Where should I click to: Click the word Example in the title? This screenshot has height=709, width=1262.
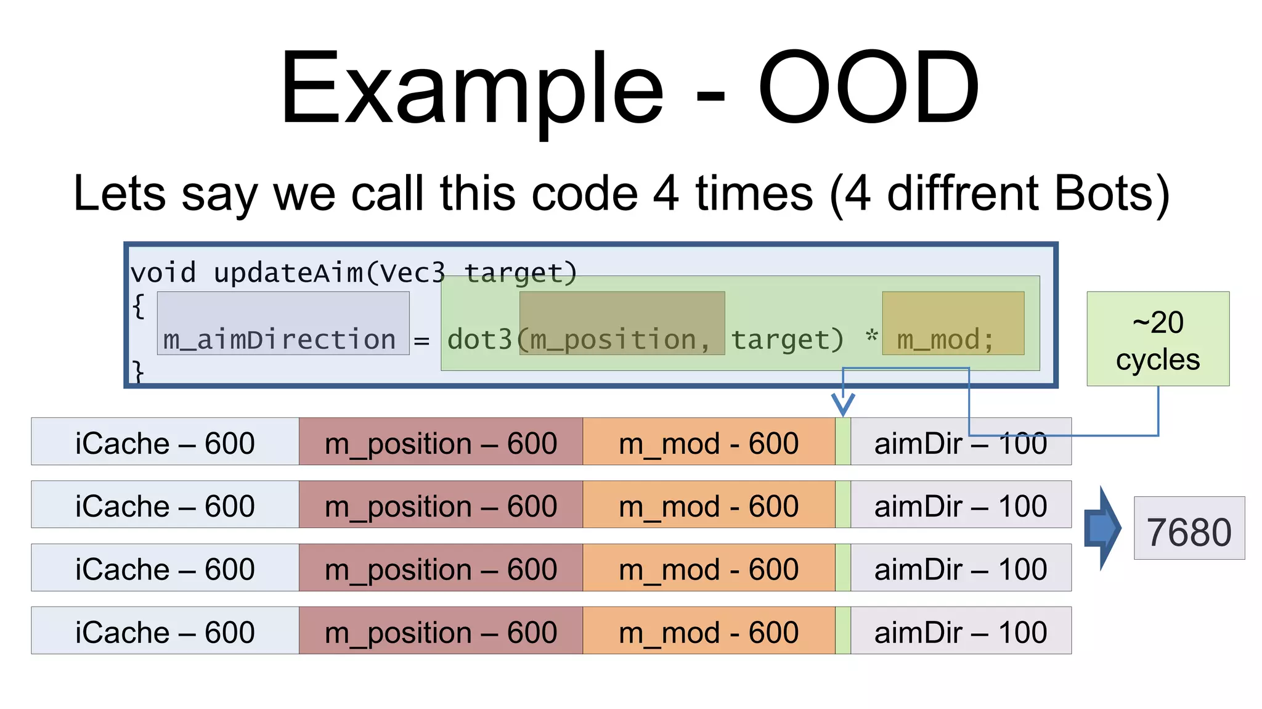(471, 88)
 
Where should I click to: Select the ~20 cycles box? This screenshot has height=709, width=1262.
(1157, 339)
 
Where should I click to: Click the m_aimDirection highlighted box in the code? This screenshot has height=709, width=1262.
(283, 324)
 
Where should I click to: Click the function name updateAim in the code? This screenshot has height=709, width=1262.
(288, 273)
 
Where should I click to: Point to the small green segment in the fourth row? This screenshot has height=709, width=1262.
(843, 630)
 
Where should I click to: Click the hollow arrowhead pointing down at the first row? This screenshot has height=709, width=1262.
(843, 404)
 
